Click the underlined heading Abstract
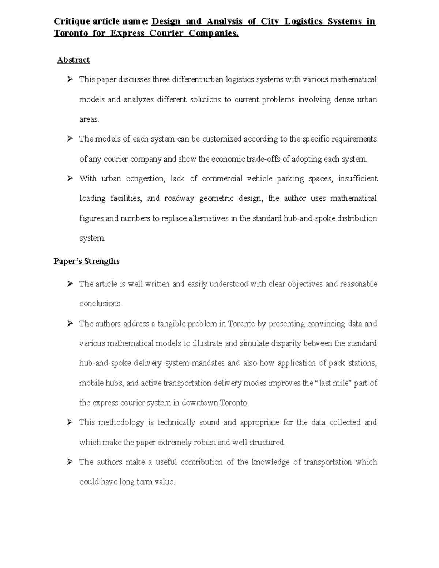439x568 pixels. (73, 60)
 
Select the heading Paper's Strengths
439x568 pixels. (86, 261)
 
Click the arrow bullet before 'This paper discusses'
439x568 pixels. (70, 79)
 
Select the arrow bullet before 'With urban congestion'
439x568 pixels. (70, 178)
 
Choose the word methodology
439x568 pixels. (121, 422)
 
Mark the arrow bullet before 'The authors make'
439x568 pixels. (70, 462)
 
